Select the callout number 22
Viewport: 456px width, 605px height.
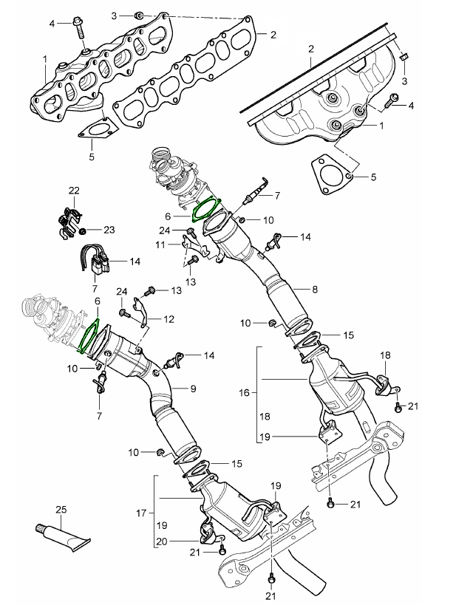pos(74,191)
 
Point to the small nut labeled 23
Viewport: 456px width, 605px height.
pos(83,230)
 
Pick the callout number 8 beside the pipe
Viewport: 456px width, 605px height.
pos(315,290)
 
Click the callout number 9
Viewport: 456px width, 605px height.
pos(193,388)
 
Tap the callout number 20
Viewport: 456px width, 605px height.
pos(160,541)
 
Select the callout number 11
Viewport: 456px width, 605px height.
pos(160,244)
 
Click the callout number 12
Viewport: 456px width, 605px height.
pos(169,319)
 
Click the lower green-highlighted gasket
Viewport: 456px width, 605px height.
pos(90,336)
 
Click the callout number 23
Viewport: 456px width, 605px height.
pos(109,230)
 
